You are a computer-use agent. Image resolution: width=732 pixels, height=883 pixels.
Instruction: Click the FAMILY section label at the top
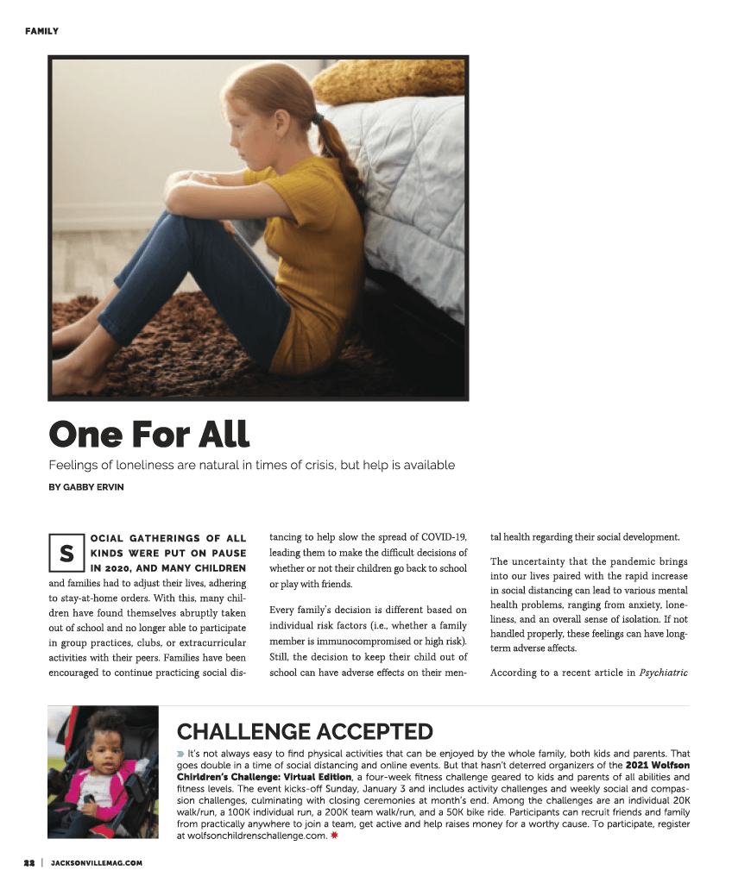(41, 31)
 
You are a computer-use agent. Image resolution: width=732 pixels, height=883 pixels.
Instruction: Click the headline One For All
(148, 433)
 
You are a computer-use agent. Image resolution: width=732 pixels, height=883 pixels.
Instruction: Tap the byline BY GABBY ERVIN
(85, 487)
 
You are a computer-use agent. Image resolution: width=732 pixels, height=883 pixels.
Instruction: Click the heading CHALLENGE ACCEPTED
(305, 732)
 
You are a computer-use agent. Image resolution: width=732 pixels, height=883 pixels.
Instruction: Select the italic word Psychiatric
(663, 673)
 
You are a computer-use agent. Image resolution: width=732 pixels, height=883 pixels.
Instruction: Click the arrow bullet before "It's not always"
(180, 754)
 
